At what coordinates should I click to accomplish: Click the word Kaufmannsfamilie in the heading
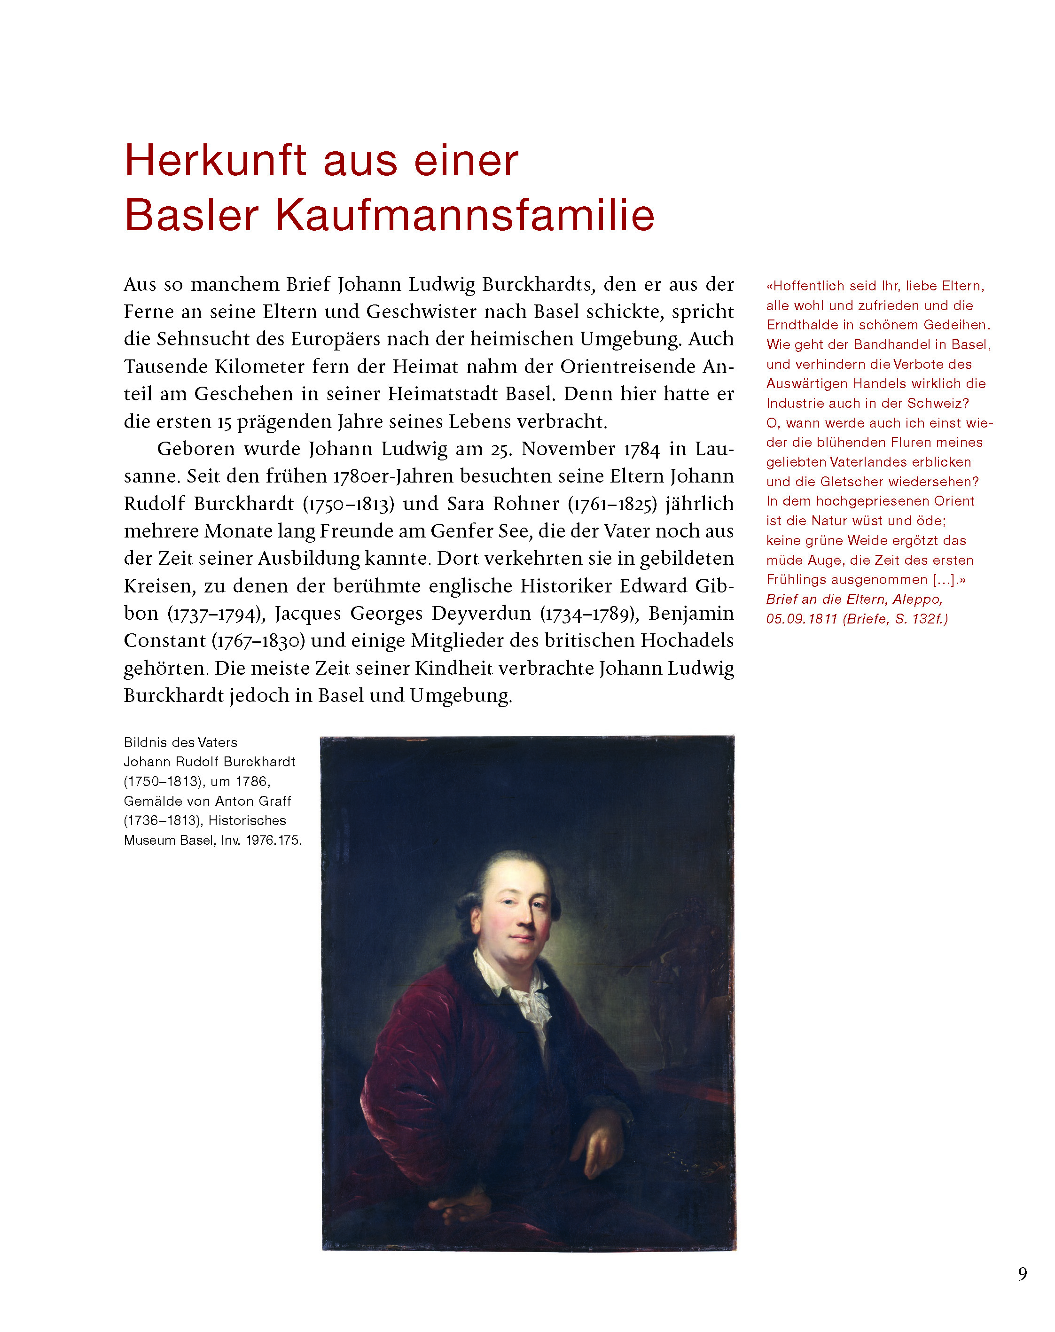coord(464,216)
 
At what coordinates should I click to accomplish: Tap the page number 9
coord(1022,1274)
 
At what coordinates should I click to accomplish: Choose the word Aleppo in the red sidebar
coord(918,600)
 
